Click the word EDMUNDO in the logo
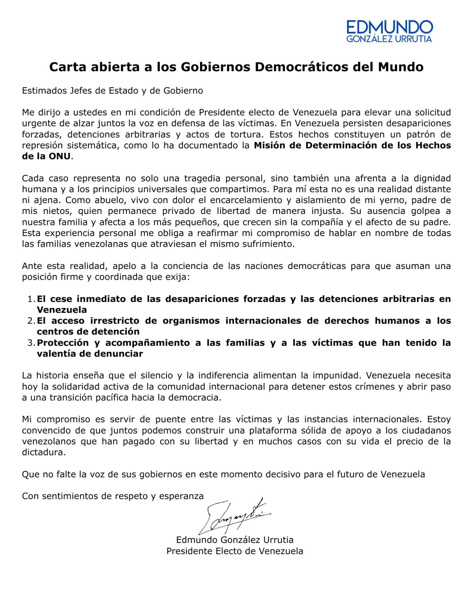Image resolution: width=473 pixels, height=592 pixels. tap(389, 27)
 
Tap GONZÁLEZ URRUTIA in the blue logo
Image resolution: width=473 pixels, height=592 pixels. tap(389, 39)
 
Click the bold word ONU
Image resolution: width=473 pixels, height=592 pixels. tap(60, 156)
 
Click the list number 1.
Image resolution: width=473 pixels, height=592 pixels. tap(31, 299)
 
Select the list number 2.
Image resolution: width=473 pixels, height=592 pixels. tap(31, 321)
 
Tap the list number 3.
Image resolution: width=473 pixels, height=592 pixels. tap(31, 343)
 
